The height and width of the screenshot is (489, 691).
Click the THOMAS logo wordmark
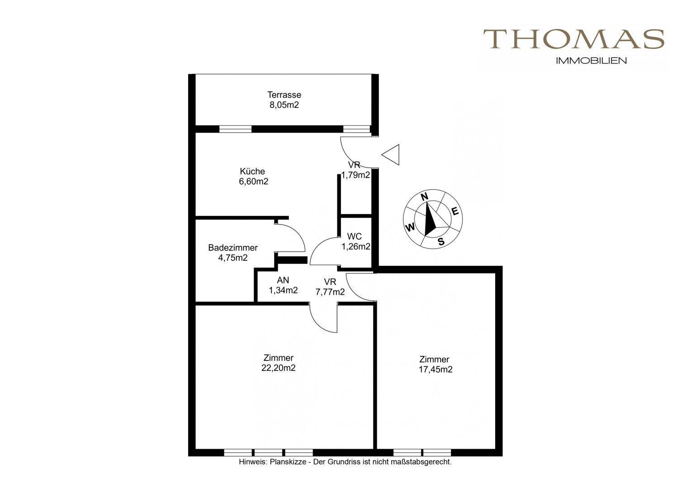[x=574, y=39]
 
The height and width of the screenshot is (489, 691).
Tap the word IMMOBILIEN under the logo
[x=592, y=61]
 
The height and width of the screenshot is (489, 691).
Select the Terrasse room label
[x=284, y=95]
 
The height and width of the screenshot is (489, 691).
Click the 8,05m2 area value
[x=284, y=105]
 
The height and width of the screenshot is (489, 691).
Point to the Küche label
[x=252, y=171]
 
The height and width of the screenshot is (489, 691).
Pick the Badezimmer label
[x=233, y=247]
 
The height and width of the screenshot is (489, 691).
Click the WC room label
[x=355, y=236]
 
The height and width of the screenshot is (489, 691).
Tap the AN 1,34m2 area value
[x=283, y=290]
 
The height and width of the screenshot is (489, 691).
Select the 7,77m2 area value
[x=330, y=292]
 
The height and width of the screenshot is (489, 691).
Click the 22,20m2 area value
[x=278, y=368]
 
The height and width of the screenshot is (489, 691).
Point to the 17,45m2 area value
[x=435, y=369]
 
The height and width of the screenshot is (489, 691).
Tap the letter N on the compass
[x=425, y=197]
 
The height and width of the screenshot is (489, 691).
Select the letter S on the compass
[x=441, y=242]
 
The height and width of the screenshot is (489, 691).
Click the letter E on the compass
[x=455, y=211]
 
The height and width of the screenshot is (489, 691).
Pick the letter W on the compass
[x=410, y=228]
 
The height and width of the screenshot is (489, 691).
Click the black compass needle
[x=430, y=220]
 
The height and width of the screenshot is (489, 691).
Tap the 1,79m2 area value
[x=355, y=175]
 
